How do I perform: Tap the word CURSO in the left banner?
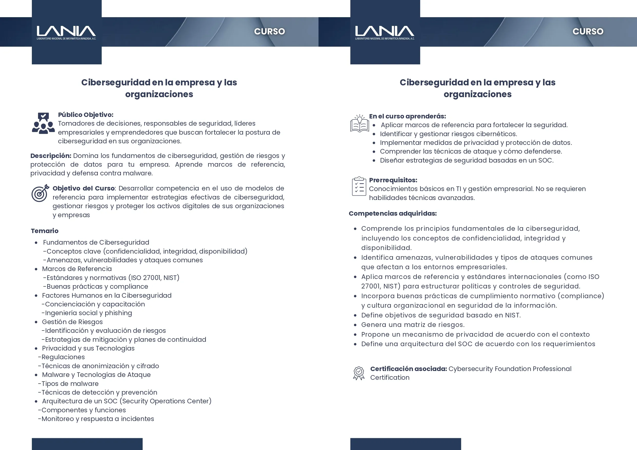click(x=269, y=31)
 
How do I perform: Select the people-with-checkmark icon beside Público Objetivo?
click(x=43, y=123)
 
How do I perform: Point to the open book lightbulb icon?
click(x=360, y=124)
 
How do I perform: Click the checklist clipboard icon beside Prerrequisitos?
click(x=359, y=186)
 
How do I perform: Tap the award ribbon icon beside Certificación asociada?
click(x=359, y=373)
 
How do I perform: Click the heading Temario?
click(x=45, y=231)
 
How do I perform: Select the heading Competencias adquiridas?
click(x=393, y=213)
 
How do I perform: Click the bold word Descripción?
click(x=51, y=156)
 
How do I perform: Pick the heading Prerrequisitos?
click(x=393, y=180)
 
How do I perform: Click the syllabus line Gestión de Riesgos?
click(x=72, y=322)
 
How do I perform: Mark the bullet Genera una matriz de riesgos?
click(x=412, y=324)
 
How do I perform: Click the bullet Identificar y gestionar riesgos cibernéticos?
click(x=448, y=134)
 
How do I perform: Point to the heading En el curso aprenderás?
click(x=407, y=116)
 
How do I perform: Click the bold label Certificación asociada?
click(x=408, y=369)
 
